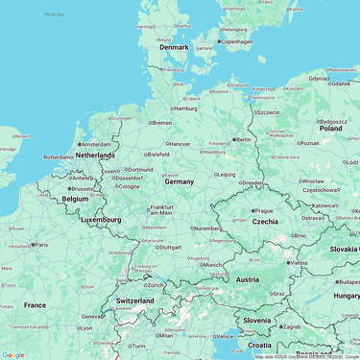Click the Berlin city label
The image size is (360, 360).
tap(242, 139)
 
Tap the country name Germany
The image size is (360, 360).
tap(179, 180)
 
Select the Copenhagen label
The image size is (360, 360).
tap(235, 42)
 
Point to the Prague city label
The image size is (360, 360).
tap(264, 210)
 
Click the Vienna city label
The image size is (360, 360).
tap(298, 262)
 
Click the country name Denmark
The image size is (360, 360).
tap(174, 47)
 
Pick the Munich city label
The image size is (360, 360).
tap(212, 265)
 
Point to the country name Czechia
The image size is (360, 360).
tap(265, 221)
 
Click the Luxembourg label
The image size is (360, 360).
tap(101, 220)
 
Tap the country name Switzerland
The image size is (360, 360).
tap(134, 300)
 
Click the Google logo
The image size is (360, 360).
tap(13, 354)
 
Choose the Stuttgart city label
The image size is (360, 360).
tap(169, 247)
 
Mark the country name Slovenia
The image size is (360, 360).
tap(256, 320)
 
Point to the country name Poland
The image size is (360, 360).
tap(330, 128)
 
